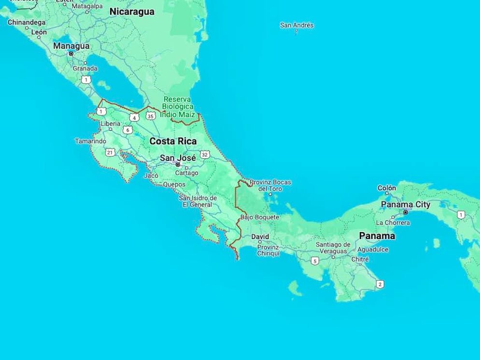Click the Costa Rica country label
pos(173,141)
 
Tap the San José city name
pos(178,158)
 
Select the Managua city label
pos(71,46)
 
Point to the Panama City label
pos(405,205)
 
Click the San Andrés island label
pos(296,25)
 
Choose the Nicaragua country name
pos(132,12)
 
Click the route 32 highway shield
pos(205,154)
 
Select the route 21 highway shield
pos(110,152)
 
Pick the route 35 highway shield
pos(151,116)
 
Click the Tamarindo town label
pos(90,141)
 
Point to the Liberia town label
pos(110,124)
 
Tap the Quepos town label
pos(174,184)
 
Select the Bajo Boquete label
pos(259,218)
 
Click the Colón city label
pos(387,188)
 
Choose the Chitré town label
pos(359,260)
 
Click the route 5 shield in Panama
pos(315,261)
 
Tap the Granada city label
pos(85,69)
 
